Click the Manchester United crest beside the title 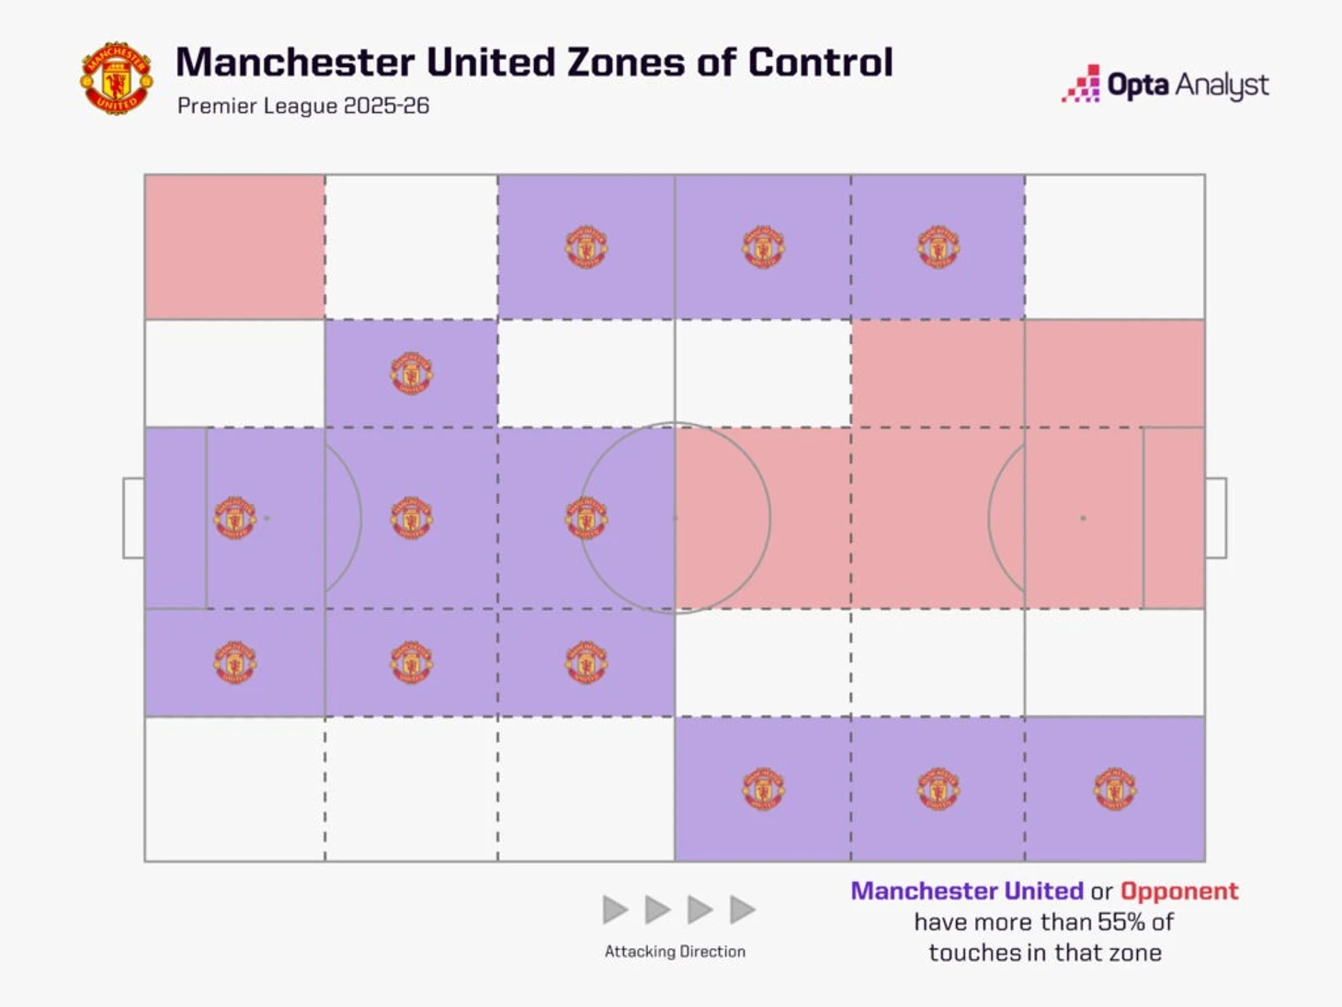pyautogui.click(x=116, y=78)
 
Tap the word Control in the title pyautogui.click(x=820, y=63)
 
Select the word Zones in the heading pyautogui.click(x=625, y=63)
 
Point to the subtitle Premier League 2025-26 pyautogui.click(x=303, y=106)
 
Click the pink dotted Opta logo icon pyautogui.click(x=1082, y=84)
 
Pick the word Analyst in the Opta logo pyautogui.click(x=1223, y=86)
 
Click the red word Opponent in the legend pyautogui.click(x=1179, y=891)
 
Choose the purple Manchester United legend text pyautogui.click(x=967, y=891)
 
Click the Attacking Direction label pyautogui.click(x=675, y=952)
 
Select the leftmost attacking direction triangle pyautogui.click(x=615, y=910)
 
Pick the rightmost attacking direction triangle pyautogui.click(x=742, y=910)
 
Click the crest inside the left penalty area pyautogui.click(x=234, y=518)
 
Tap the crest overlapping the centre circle pyautogui.click(x=586, y=518)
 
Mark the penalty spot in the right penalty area pyautogui.click(x=1083, y=518)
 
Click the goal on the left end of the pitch pyautogui.click(x=133, y=518)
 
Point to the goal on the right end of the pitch pyautogui.click(x=1216, y=518)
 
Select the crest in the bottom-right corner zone pyautogui.click(x=1115, y=789)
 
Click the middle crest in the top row pyautogui.click(x=763, y=246)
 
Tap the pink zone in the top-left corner pyautogui.click(x=234, y=246)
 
